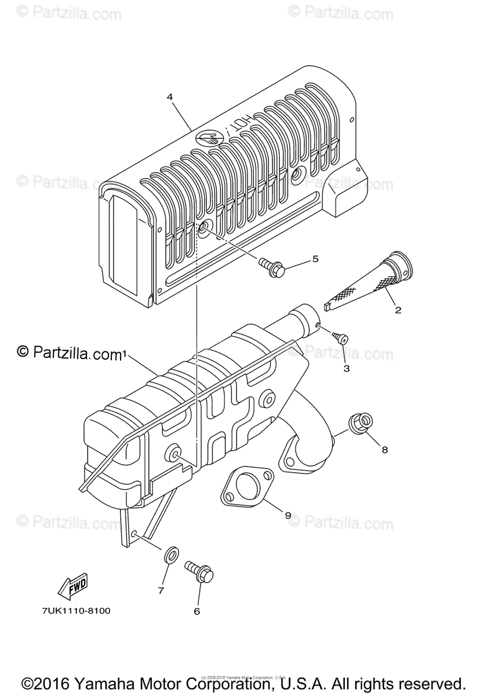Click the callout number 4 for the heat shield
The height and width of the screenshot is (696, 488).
pos(170,97)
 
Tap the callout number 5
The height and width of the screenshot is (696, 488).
pos(315,259)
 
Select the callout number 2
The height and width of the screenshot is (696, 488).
pos(398,310)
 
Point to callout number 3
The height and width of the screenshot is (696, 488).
pos(347,368)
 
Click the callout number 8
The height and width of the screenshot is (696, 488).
pos(384,449)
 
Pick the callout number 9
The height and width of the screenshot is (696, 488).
pos(288,514)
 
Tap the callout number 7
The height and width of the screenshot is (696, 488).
pos(161,590)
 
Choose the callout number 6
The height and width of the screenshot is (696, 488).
pos(196,611)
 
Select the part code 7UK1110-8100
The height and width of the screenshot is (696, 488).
pos(76,611)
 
